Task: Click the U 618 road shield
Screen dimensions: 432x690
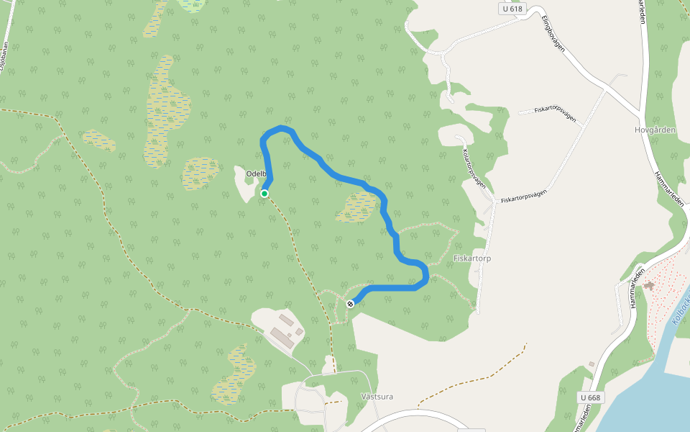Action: pos(512,9)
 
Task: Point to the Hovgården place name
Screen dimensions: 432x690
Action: pos(655,130)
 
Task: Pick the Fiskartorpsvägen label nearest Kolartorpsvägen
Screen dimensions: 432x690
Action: pos(524,195)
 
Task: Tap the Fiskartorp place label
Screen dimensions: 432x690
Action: pos(472,258)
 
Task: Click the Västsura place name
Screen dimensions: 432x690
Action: pos(377,397)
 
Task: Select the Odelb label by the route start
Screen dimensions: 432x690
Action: pos(256,174)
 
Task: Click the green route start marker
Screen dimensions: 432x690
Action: pos(264,194)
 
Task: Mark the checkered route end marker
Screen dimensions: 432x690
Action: pos(350,304)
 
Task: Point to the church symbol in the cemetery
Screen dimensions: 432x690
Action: pos(650,286)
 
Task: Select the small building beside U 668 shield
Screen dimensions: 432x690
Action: pos(591,364)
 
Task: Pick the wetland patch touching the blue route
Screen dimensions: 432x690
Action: pos(356,207)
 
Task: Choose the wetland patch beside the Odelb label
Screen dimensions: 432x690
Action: pos(201,173)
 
